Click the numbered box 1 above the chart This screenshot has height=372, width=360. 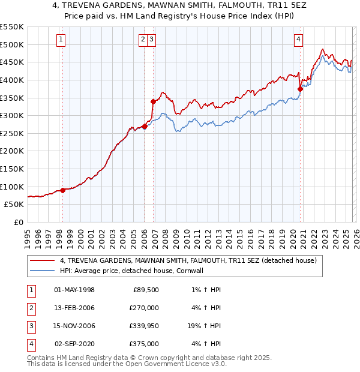point(62,40)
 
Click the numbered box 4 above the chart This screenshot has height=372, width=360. point(298,40)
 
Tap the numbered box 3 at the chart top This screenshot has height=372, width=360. point(152,40)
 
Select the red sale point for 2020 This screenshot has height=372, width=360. point(301,89)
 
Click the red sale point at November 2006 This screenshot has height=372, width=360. point(153,101)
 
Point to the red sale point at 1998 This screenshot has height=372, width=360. point(62,190)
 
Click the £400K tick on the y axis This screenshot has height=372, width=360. point(11,80)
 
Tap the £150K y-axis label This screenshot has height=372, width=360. point(11,169)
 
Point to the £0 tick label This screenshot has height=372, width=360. point(19,222)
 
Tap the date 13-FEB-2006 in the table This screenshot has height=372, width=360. point(74,308)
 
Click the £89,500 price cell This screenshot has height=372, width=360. point(145,290)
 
